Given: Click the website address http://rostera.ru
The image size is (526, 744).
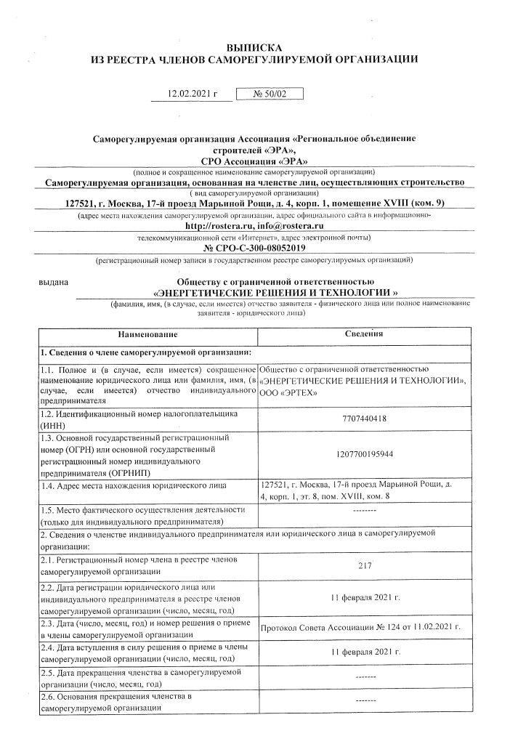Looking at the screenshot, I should point(217,227).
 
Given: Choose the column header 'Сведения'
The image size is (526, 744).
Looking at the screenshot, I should point(364,335).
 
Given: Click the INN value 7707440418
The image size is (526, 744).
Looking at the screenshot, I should point(364,418).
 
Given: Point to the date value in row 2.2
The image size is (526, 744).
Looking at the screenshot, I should point(364,597).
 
